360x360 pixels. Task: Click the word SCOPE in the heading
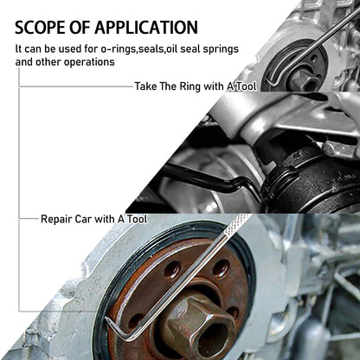(x=40, y=28)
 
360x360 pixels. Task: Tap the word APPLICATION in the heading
(x=146, y=28)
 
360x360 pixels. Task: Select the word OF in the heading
(x=80, y=28)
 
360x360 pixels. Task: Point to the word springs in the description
(x=221, y=49)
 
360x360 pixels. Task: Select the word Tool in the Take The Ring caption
(x=245, y=87)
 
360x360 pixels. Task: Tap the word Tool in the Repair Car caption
(x=138, y=219)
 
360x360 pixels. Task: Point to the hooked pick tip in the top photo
(x=271, y=80)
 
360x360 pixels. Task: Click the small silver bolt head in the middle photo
(x=329, y=149)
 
